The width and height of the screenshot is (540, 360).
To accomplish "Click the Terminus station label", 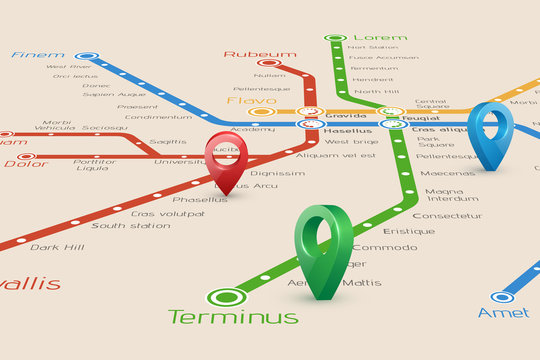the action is [x=233, y=317].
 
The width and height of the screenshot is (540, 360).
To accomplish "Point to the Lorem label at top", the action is [x=380, y=37].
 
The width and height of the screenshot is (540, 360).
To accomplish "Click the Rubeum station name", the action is [x=260, y=54].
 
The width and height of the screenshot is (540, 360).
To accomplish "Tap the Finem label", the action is [x=37, y=56].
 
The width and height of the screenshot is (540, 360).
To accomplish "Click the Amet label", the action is [x=503, y=313].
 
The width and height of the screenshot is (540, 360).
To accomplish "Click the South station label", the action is [x=131, y=226].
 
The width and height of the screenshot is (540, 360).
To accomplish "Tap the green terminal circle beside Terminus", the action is [x=227, y=296].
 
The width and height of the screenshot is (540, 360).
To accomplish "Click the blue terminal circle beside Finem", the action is [x=88, y=57].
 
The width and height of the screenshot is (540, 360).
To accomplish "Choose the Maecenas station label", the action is [x=447, y=173].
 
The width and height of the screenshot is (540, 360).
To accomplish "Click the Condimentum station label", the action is [x=158, y=117].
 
